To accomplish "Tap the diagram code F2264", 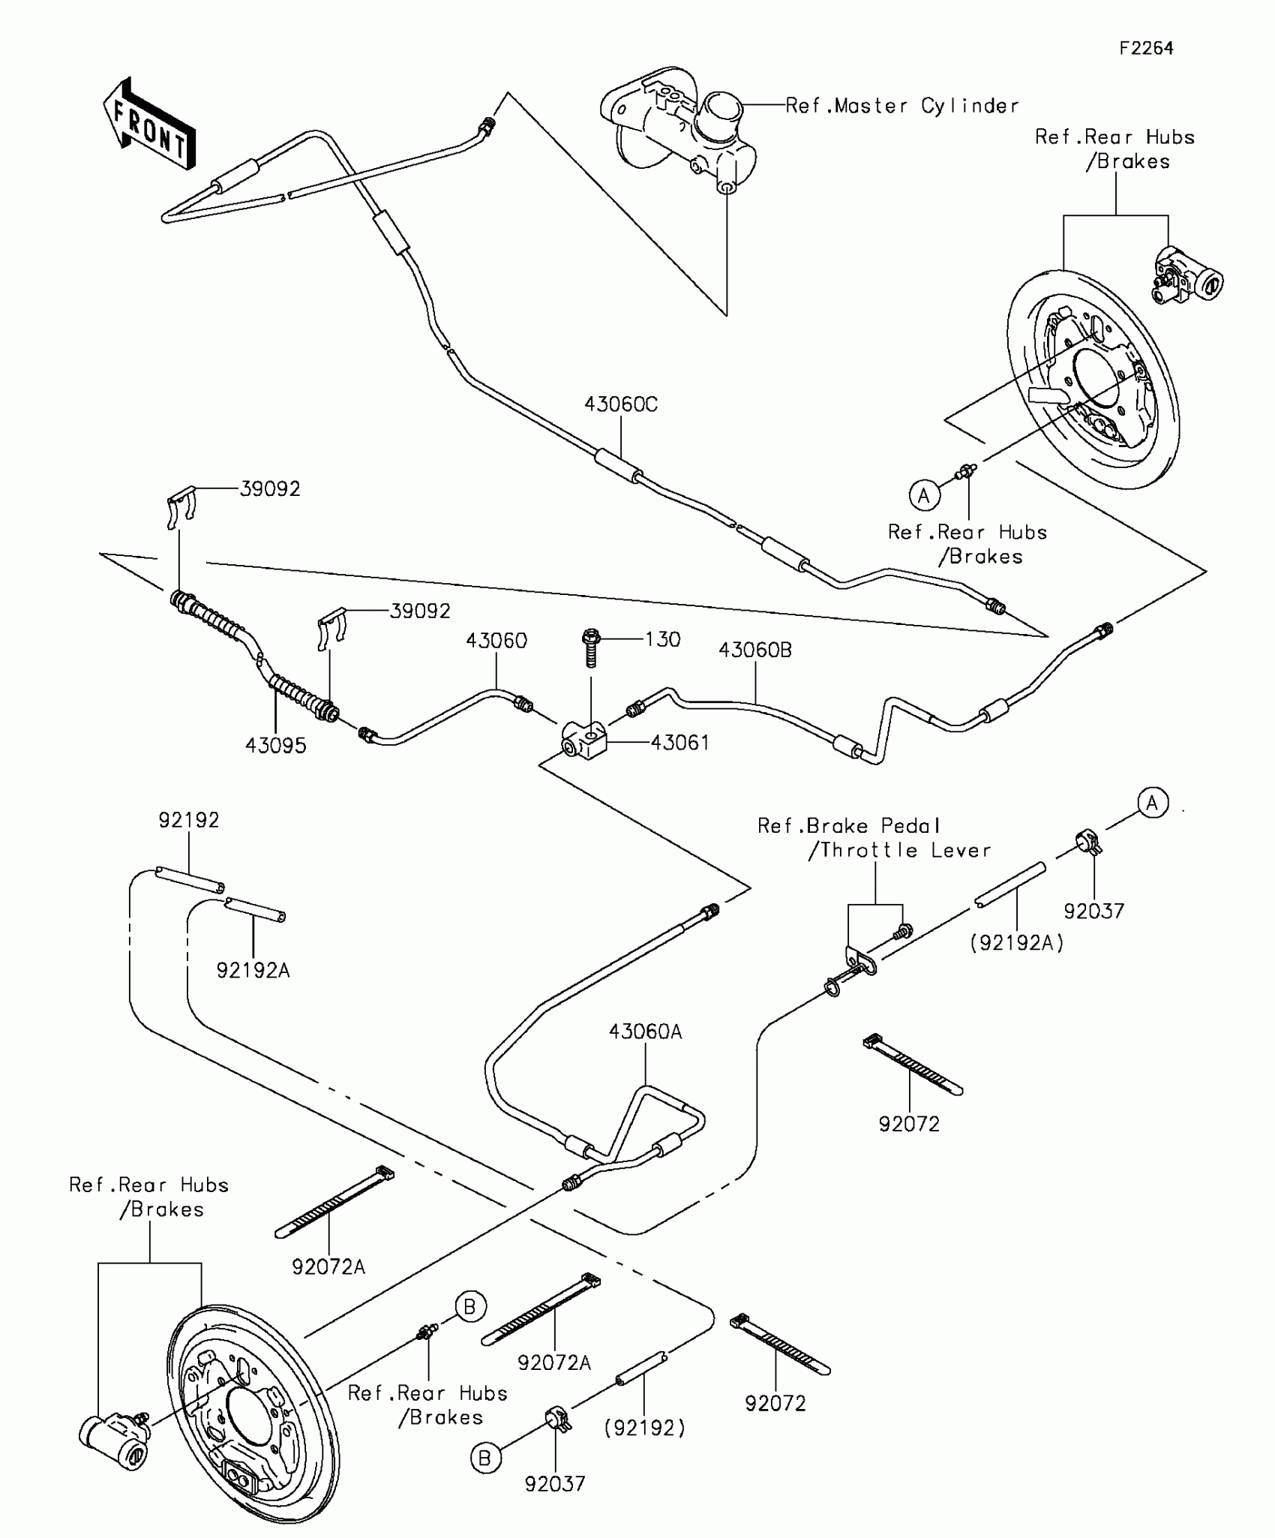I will (x=1146, y=48).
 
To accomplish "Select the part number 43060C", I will (x=620, y=404).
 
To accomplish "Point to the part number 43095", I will (x=275, y=746).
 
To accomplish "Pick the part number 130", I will (x=663, y=639).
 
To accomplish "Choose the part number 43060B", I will (x=754, y=650).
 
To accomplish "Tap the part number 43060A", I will (x=645, y=1032).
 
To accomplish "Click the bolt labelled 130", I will (x=591, y=647).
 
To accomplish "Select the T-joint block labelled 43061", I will (x=585, y=740).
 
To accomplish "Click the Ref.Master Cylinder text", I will (x=902, y=106).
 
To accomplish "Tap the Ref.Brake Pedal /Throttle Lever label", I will (x=874, y=838).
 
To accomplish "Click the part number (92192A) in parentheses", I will (x=1017, y=943).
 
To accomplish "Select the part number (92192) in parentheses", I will (x=644, y=1428).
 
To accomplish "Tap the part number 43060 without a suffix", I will (x=496, y=641).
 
